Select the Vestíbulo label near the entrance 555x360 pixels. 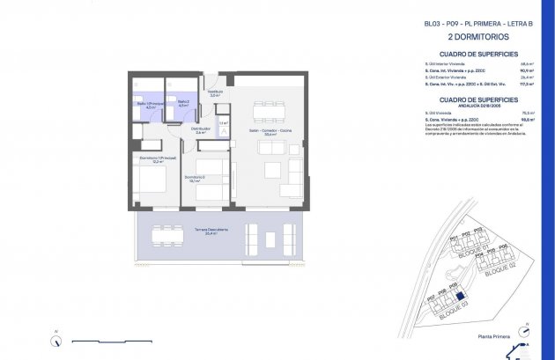pyautogui.click(x=214, y=92)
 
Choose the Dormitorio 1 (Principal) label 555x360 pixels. pyautogui.click(x=155, y=159)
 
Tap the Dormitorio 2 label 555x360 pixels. pyautogui.click(x=196, y=179)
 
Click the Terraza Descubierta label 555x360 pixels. pyautogui.click(x=211, y=231)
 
